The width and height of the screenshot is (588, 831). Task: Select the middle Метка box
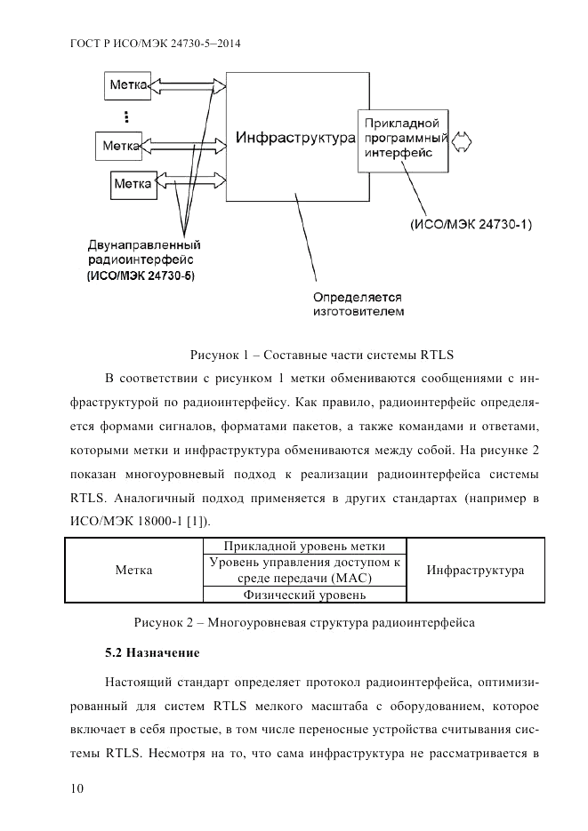[x=122, y=144]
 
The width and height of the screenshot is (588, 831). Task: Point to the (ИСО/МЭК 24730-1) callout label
[x=471, y=225]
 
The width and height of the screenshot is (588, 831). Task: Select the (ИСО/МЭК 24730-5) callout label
[x=141, y=276]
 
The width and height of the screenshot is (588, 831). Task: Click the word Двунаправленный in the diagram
[x=142, y=244]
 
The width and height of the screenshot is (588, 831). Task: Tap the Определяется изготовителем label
[x=358, y=305]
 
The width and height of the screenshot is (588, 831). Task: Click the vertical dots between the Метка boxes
[x=127, y=116]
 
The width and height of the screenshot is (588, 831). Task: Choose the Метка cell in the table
[x=134, y=570]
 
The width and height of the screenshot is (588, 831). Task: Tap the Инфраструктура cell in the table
[x=475, y=570]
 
